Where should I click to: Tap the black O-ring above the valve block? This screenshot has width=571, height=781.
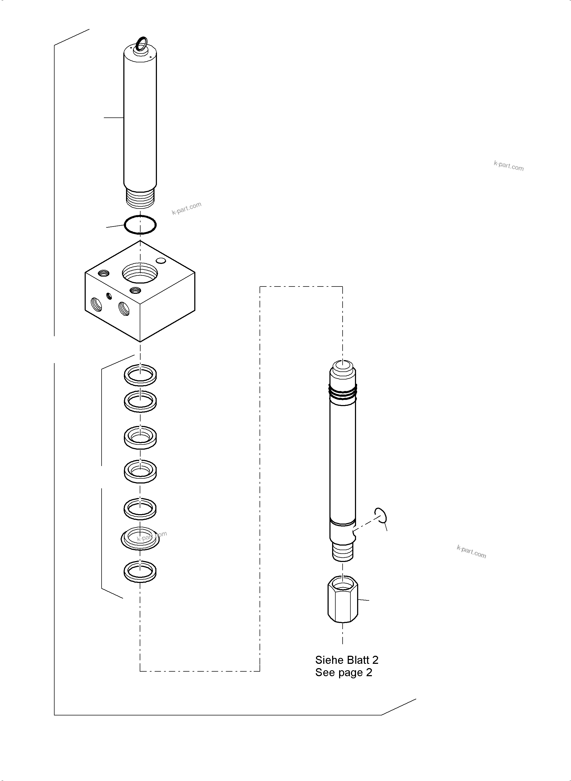140,225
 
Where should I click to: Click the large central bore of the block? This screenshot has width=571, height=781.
140,273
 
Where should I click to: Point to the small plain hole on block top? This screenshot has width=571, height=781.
161,260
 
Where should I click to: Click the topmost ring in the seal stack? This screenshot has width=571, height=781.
140,374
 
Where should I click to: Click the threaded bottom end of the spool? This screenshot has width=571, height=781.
343,551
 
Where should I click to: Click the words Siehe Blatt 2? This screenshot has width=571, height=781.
347,660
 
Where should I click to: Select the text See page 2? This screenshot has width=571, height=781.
344,672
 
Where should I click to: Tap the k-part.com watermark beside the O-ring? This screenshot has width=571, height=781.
187,208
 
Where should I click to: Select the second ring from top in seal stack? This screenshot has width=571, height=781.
140,401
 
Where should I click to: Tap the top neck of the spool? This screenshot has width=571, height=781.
343,370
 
